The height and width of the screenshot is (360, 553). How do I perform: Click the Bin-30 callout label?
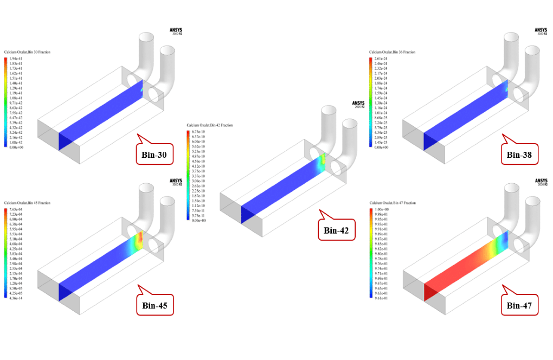155,156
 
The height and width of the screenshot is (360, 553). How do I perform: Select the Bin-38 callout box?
519,155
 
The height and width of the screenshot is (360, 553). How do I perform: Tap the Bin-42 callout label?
337,230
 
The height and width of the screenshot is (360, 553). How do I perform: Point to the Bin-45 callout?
155,305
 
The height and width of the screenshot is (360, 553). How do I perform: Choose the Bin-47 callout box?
519,305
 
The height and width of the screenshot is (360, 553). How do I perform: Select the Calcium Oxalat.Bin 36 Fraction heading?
392,52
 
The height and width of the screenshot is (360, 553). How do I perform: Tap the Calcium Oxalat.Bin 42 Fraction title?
209,125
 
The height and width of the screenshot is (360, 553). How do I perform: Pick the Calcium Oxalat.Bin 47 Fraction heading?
392,203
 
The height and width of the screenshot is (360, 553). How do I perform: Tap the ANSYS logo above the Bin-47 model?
541,182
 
